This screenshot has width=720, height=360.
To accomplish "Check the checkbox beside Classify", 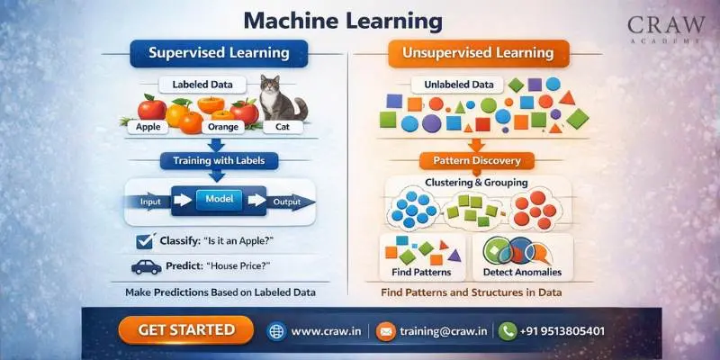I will (141, 240).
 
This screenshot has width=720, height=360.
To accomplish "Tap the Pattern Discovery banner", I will (477, 161).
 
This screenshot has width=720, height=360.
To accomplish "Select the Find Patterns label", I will (422, 272).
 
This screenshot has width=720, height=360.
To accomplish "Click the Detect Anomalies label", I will (522, 272).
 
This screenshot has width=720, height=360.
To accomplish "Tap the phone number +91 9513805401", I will (563, 330).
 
